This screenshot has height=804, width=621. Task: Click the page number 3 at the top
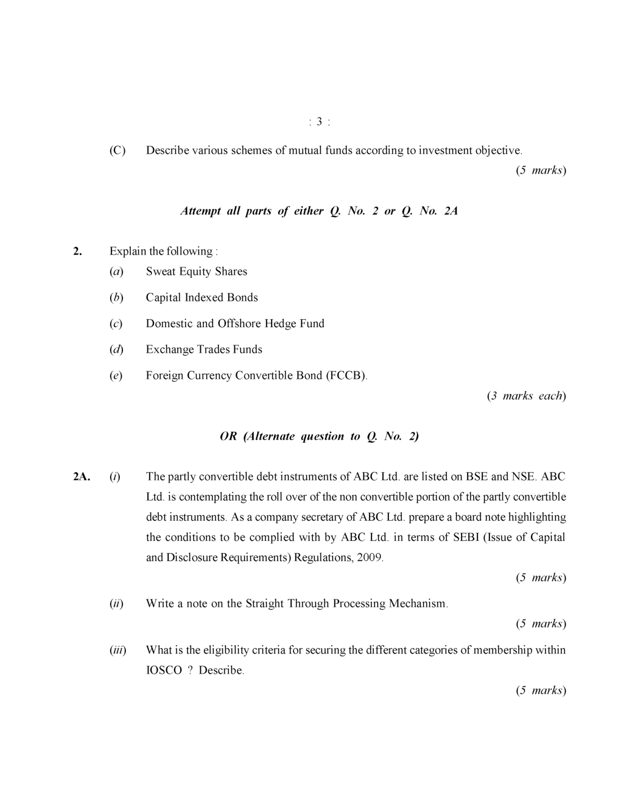pyautogui.click(x=320, y=122)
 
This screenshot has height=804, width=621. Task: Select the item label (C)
pyautogui.click(x=118, y=150)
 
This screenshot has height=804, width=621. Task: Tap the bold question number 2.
pyautogui.click(x=77, y=252)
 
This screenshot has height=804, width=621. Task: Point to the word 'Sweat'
pyautogui.click(x=161, y=272)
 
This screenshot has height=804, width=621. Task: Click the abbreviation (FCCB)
pyautogui.click(x=346, y=376)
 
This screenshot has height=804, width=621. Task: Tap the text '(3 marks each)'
pyautogui.click(x=526, y=396)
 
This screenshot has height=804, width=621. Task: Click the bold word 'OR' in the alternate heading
pyautogui.click(x=228, y=437)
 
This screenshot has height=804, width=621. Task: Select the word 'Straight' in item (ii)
pyautogui.click(x=265, y=604)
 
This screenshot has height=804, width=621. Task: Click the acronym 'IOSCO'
pyautogui.click(x=164, y=671)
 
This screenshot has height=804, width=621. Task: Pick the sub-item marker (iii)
pyautogui.click(x=118, y=651)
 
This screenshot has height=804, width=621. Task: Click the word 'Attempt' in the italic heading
pyautogui.click(x=201, y=211)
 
